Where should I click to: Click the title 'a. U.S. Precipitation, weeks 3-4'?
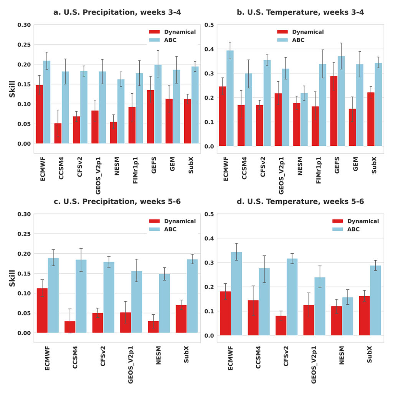click(x=117, y=13)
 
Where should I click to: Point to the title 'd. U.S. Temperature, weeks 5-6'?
click(x=300, y=201)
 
